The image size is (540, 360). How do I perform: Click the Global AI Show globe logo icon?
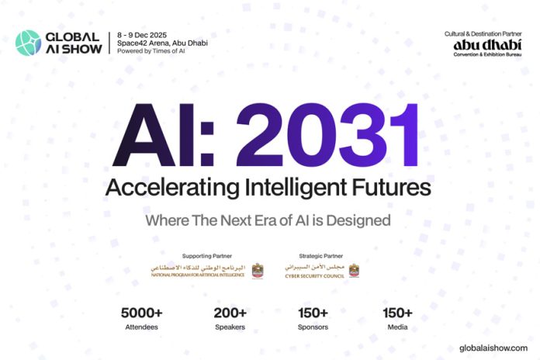tap(29, 42)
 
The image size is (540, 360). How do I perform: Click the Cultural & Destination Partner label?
tap(482, 34)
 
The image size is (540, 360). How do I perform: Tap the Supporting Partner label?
tap(203, 255)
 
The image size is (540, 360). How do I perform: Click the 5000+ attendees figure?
tap(140, 313)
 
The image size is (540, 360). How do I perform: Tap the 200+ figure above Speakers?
tap(230, 313)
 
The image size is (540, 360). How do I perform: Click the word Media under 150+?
tap(398, 327)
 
